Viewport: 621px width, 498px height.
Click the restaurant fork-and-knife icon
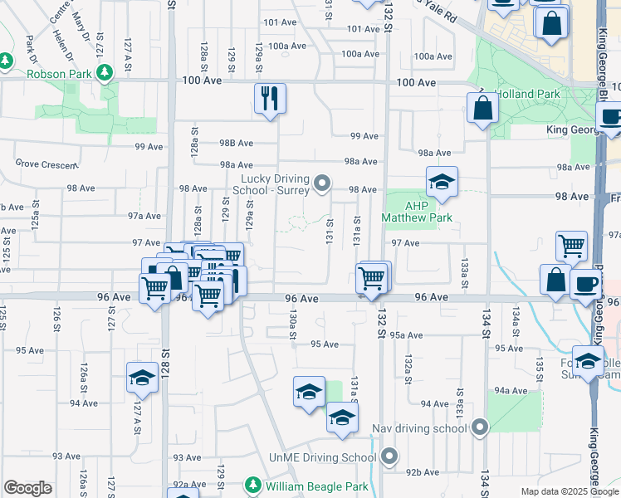click(270, 99)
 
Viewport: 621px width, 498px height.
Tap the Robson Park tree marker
click(105, 74)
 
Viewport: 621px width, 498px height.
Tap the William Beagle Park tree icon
click(254, 485)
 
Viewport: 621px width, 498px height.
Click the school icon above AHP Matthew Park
click(443, 183)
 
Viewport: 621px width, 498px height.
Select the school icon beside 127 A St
click(142, 378)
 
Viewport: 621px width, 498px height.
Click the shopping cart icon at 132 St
click(372, 278)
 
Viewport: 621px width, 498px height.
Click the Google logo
click(27, 488)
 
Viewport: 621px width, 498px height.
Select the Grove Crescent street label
click(46, 165)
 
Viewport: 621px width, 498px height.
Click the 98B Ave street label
click(236, 143)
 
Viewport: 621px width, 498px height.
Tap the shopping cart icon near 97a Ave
click(571, 246)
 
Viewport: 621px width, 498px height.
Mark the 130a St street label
click(292, 324)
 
